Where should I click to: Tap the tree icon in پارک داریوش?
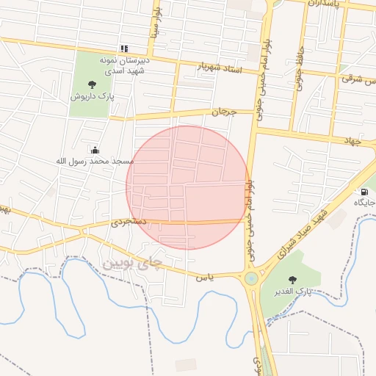pyautogui.click(x=92, y=84)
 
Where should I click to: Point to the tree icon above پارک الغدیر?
pyautogui.click(x=293, y=280)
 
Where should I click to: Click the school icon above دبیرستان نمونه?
pyautogui.click(x=124, y=48)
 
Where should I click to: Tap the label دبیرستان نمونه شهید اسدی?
pyautogui.click(x=124, y=65)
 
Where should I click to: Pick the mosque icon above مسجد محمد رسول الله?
pyautogui.click(x=94, y=149)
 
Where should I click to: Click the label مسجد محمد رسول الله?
pyautogui.click(x=96, y=160)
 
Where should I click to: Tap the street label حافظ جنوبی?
pyautogui.click(x=300, y=69)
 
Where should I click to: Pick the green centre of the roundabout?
pyautogui.click(x=252, y=278)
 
